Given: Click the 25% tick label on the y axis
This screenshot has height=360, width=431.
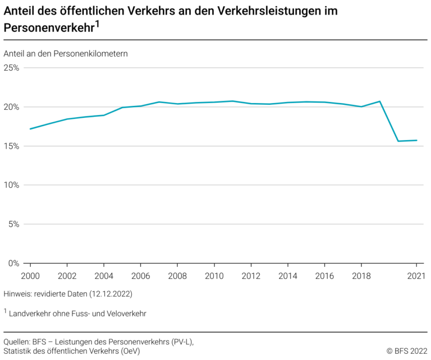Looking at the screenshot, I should [11, 68].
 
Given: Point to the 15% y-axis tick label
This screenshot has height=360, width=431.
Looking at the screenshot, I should [11, 146].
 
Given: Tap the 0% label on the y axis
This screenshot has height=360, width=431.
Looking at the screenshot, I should [13, 263].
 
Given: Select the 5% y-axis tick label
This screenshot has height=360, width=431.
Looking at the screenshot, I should [13, 224].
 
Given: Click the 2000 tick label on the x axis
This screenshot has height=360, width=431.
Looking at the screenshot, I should [30, 275].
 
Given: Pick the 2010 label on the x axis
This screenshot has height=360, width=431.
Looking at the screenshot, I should [214, 275].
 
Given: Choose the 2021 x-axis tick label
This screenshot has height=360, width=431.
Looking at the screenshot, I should [416, 275].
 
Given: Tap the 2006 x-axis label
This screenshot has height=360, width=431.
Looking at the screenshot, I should [141, 275].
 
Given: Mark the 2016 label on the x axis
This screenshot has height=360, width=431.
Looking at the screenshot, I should [324, 275].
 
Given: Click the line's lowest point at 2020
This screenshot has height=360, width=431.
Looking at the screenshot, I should [398, 141].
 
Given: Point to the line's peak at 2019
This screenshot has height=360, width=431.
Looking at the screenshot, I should [380, 101].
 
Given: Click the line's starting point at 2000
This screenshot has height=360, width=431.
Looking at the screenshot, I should [30, 128].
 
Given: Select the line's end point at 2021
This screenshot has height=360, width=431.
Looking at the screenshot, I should [416, 140].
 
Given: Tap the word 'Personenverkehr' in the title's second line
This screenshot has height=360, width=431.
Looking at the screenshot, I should [48, 28].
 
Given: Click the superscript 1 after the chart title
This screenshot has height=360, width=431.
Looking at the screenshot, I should [97, 24].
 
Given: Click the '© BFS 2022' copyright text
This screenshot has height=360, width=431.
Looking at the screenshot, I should [407, 351].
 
